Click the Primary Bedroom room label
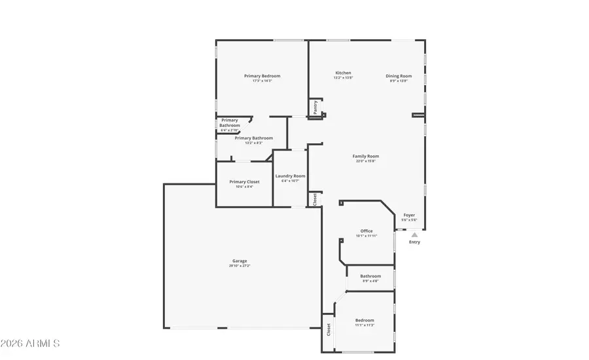click(262, 76)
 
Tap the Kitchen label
click(343, 73)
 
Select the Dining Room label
click(399, 76)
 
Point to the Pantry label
click(315, 108)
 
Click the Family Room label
click(366, 156)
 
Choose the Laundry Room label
click(290, 176)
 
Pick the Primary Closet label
click(244, 181)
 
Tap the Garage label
click(240, 261)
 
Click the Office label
click(366, 231)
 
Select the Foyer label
click(409, 215)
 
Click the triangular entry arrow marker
click(414, 234)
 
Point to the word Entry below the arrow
click(415, 242)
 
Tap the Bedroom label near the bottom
click(365, 320)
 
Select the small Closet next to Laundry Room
click(315, 199)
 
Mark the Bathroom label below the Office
click(370, 276)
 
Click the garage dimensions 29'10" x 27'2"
click(240, 266)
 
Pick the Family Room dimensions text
click(366, 161)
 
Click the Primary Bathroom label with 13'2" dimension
click(253, 138)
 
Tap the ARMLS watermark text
click(31, 344)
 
